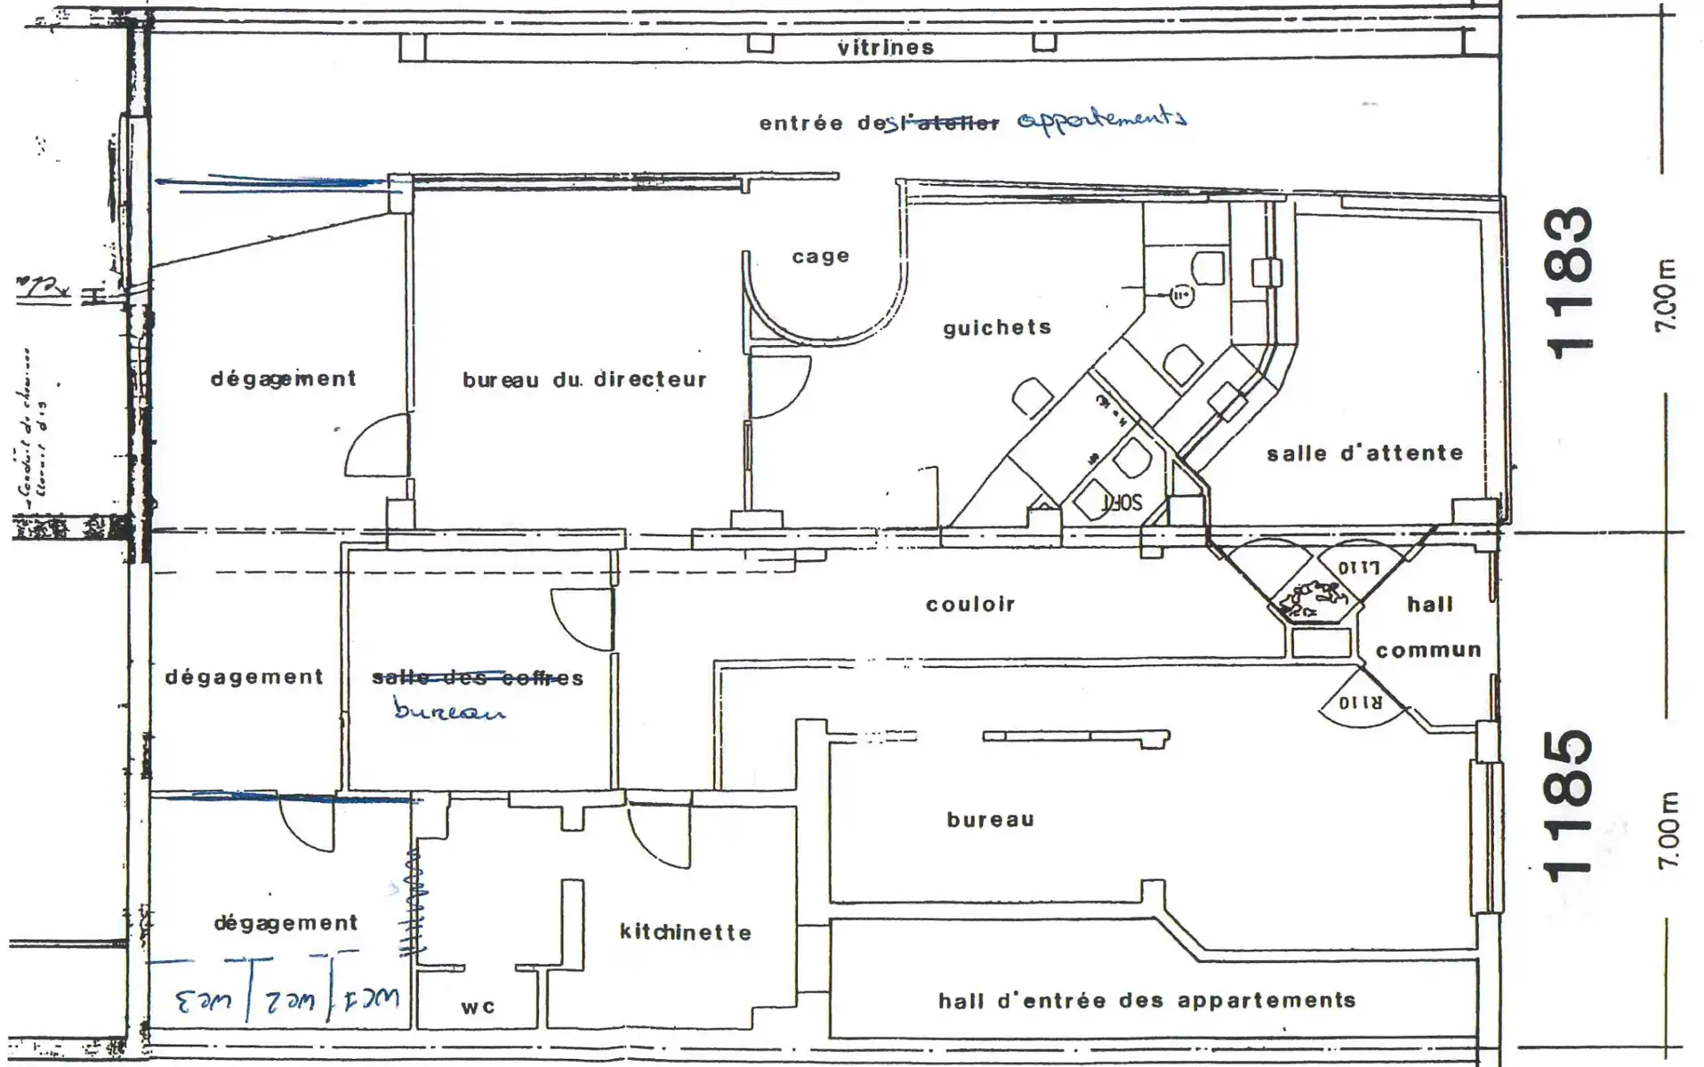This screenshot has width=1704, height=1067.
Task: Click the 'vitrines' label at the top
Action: (885, 47)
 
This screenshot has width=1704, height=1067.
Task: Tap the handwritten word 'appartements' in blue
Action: (1100, 120)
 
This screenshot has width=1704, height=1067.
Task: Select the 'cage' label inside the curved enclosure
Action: (820, 257)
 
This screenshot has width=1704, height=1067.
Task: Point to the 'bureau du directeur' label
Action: (584, 380)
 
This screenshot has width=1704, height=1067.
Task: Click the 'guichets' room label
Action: (997, 328)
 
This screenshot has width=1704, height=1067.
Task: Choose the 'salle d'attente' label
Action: (1364, 453)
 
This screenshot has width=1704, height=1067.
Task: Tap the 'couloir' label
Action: (969, 605)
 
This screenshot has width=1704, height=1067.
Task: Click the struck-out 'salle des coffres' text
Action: (478, 678)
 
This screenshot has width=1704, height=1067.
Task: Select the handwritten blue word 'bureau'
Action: (449, 711)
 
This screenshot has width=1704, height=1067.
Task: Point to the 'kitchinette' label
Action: (685, 932)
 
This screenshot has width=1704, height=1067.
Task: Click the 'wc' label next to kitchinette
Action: (478, 1007)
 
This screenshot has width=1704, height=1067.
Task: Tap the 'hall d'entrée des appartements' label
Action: (1146, 1000)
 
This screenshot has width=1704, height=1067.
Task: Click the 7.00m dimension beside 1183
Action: (1666, 296)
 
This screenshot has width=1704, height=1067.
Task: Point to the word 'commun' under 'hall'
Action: (1428, 650)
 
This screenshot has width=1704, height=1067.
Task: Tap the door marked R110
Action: (1360, 702)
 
